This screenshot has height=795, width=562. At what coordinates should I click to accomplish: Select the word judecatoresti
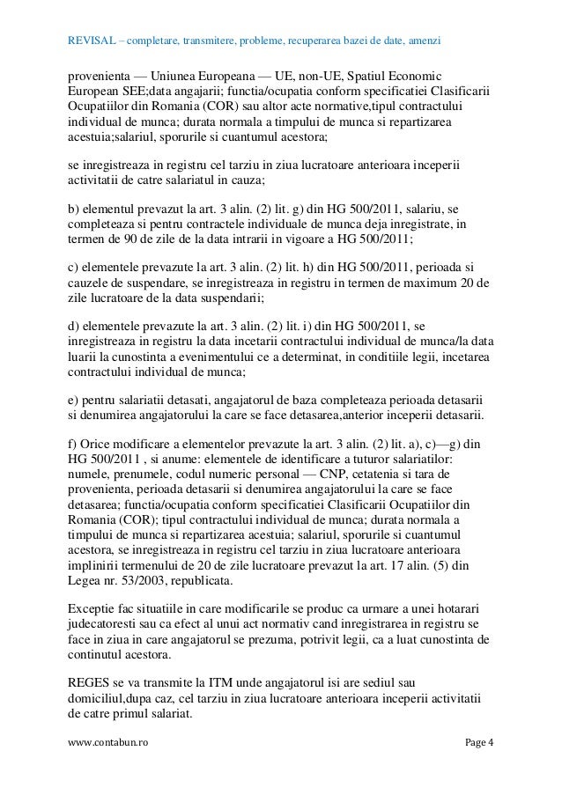(109, 626)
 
